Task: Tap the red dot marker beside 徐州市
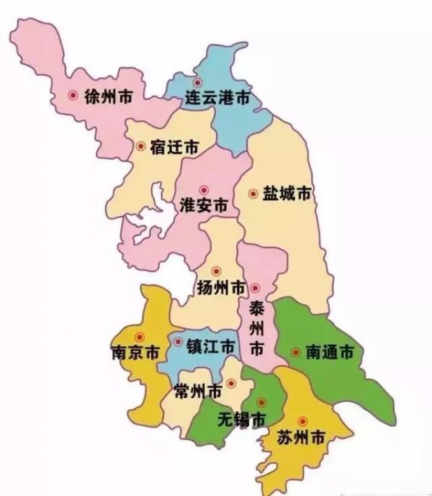point(73,94)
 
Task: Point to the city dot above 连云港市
point(197,82)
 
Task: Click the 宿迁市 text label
point(174,147)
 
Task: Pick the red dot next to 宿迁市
point(140,146)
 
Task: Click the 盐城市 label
point(287,194)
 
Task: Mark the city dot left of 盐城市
point(253,194)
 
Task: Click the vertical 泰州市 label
point(256,328)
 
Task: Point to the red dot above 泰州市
point(254,289)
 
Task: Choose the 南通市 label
point(329,353)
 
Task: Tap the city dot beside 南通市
point(295,353)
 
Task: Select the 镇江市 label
point(210,346)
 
